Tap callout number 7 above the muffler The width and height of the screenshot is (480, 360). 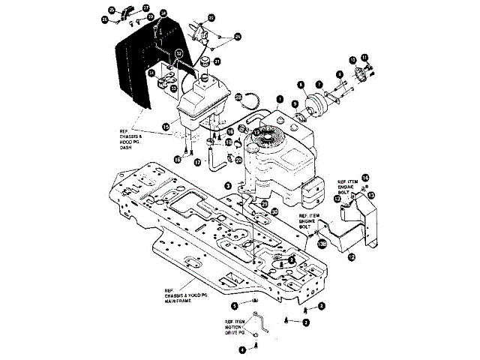(x=318, y=84)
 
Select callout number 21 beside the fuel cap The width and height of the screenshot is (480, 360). (x=217, y=61)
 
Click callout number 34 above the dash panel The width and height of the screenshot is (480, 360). (x=163, y=13)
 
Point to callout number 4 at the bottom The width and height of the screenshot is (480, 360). (x=242, y=349)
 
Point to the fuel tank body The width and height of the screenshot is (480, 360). (x=202, y=101)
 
